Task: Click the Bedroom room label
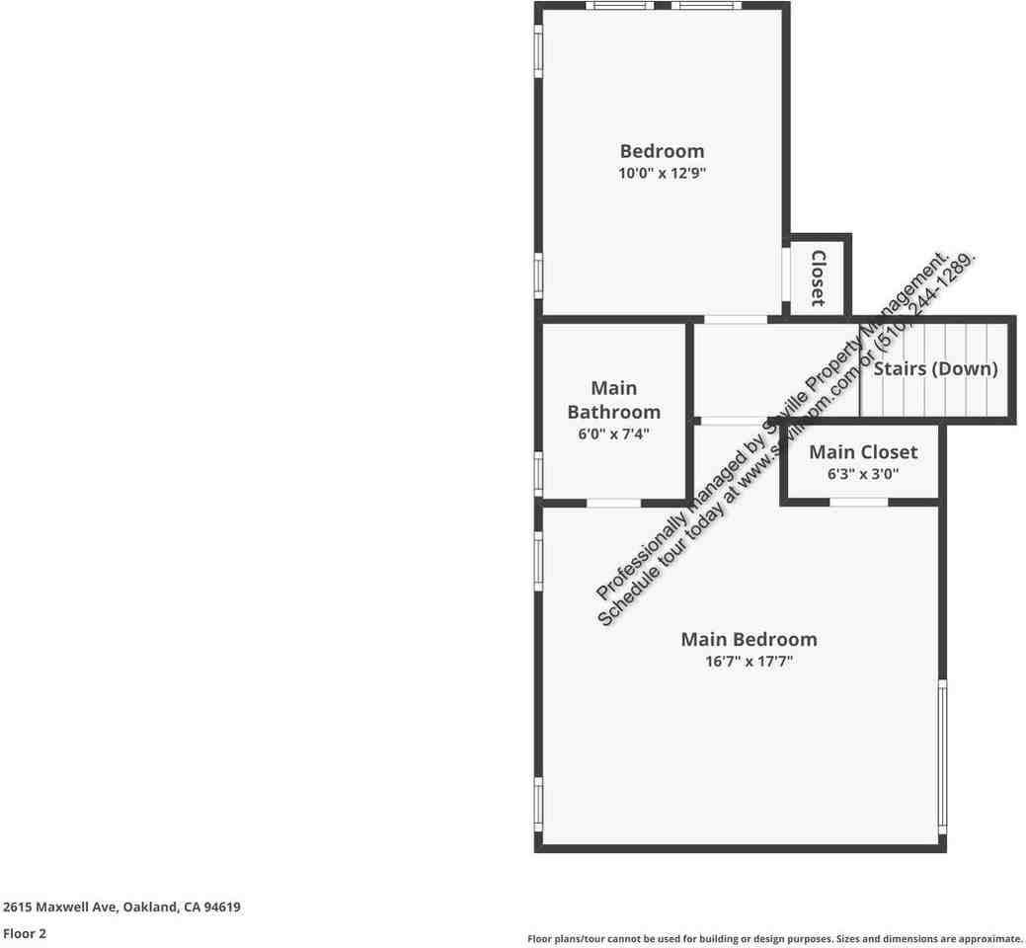coord(662,151)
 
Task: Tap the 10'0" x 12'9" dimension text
coord(662,174)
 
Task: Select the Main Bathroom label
coord(613,400)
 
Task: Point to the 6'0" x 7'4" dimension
coord(613,434)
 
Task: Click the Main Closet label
coord(862,452)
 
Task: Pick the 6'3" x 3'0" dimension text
coord(862,474)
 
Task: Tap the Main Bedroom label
coord(749,639)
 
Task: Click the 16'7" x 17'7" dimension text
coord(749,662)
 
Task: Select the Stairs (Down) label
coord(935,369)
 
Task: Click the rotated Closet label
coord(818,277)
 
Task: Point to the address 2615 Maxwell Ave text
coord(121,907)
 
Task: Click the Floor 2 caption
coord(25,933)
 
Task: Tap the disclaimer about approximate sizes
coord(774,939)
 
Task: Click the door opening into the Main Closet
coord(858,503)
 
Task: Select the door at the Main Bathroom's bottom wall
coord(613,503)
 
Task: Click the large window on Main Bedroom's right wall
coord(942,755)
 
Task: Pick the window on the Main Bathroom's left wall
coord(538,472)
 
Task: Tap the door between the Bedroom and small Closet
coord(786,274)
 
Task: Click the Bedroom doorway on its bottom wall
coord(735,319)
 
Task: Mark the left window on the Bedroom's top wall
coord(619,6)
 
